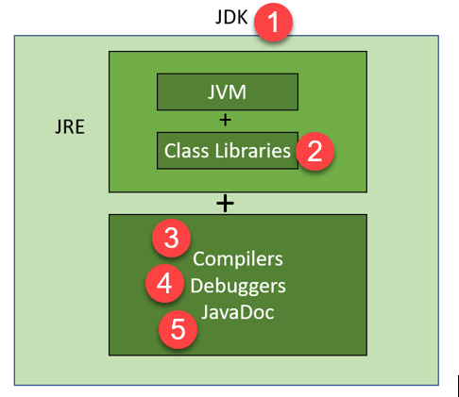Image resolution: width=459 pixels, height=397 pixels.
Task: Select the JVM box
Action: [x=227, y=92]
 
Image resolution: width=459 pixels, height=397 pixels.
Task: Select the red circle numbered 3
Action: [x=171, y=239]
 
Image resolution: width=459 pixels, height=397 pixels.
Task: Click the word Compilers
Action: [x=237, y=258]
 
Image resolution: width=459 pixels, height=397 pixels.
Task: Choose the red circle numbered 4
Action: [x=164, y=284]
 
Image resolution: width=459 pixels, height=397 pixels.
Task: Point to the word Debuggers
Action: [x=237, y=284]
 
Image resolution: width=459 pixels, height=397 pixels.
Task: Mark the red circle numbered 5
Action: [x=178, y=331]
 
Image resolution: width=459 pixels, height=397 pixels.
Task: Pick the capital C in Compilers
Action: [x=199, y=258]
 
